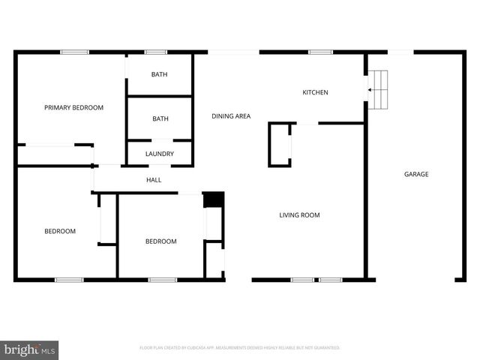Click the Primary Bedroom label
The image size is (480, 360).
[73, 108]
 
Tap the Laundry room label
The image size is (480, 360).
[160, 154]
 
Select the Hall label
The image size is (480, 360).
[153, 180]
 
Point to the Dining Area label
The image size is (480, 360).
[231, 116]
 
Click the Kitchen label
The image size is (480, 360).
[315, 93]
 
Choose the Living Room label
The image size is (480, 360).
[299, 215]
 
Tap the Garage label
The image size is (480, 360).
[416, 175]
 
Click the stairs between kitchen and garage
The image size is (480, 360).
[381, 90]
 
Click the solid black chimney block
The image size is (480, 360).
[214, 199]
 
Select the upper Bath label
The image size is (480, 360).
[160, 74]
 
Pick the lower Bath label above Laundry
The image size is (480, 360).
[160, 118]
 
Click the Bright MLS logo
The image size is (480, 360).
[30, 349]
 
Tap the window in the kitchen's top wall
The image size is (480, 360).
[320, 52]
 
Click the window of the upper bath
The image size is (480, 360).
[155, 52]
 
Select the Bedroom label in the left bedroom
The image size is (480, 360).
[60, 232]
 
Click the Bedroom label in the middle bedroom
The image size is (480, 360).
[160, 241]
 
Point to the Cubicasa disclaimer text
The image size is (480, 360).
[240, 348]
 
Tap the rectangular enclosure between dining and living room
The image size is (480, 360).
[280, 145]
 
